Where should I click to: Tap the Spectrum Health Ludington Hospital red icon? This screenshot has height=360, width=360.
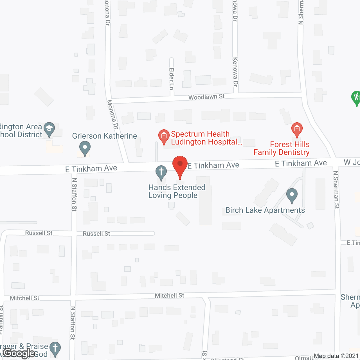164,136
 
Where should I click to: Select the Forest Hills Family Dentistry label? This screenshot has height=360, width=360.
282,148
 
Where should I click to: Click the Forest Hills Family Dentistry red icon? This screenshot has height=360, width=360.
297,129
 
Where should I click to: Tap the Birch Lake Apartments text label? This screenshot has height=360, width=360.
265,210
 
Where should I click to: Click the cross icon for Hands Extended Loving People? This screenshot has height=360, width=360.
161,172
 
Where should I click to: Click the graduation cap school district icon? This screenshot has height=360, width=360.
49,129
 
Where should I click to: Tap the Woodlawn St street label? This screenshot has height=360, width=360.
206,97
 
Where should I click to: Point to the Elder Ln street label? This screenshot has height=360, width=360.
172,79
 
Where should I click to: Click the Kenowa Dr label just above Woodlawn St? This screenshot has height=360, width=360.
235,72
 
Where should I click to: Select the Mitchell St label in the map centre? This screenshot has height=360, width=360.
169,296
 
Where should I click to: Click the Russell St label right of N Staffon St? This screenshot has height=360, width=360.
96,234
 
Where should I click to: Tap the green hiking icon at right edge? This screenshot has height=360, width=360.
356,97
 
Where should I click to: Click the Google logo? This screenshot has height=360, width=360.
19,353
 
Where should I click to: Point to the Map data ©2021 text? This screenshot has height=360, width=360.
336,356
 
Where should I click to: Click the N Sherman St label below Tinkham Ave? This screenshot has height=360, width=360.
336,190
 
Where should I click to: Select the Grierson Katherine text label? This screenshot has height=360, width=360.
105,136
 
